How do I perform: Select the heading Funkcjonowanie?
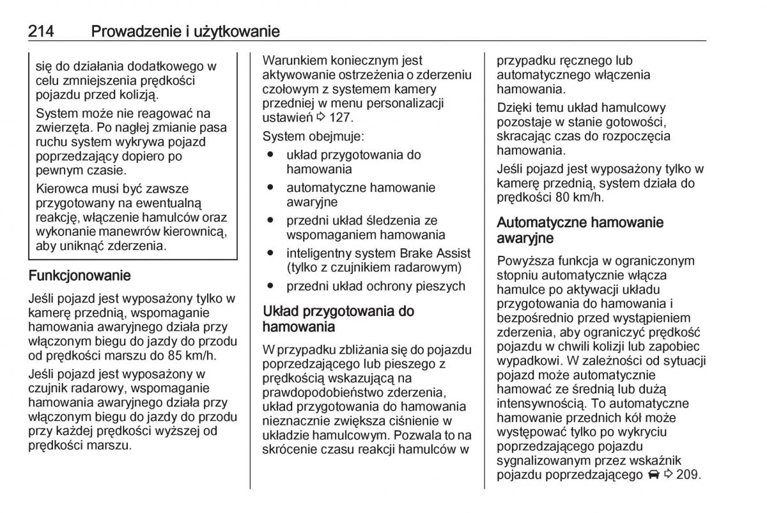tap(80, 276)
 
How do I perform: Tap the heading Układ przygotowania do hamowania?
tap(338, 319)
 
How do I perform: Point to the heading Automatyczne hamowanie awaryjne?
tap(580, 230)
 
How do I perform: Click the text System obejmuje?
tap(314, 136)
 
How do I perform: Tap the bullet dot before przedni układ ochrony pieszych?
tap(271, 286)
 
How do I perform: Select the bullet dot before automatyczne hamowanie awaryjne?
tap(271, 187)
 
